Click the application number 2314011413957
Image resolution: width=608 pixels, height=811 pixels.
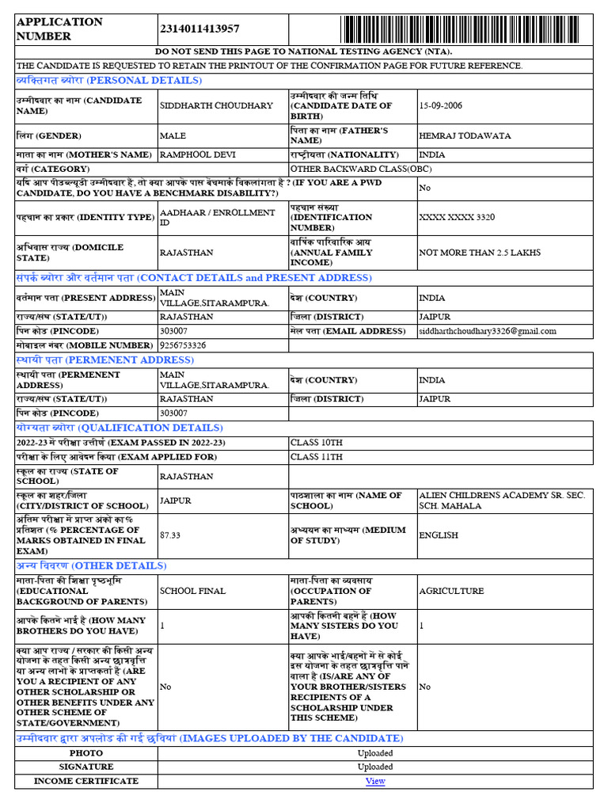[199, 29]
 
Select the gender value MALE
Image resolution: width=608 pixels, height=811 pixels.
[173, 136]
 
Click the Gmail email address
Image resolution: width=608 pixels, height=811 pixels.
[488, 331]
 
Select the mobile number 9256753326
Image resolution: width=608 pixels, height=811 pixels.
[183, 345]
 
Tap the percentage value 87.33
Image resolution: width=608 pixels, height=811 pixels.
[170, 535]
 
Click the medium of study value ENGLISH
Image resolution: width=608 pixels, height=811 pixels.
[439, 535]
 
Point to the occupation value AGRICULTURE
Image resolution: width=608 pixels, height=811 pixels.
[451, 591]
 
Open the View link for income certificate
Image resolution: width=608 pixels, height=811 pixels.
[375, 781]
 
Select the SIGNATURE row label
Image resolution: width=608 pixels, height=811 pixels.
[86, 767]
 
